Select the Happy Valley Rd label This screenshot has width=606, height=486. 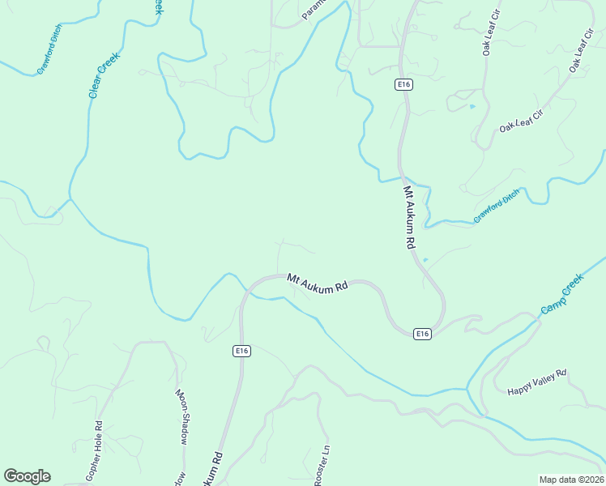click(537, 382)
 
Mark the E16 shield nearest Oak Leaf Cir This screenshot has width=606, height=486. click(403, 84)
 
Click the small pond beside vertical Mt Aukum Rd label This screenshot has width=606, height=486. click(425, 260)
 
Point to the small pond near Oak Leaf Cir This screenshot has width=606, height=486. click(472, 106)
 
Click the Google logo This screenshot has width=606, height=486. click(28, 476)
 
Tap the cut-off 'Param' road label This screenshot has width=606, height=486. click(313, 10)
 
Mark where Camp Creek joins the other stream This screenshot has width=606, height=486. click(468, 390)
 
